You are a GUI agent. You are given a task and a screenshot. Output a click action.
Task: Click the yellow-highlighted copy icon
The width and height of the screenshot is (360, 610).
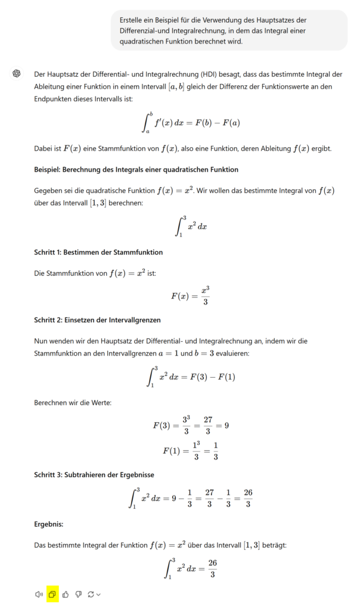coord(52,594)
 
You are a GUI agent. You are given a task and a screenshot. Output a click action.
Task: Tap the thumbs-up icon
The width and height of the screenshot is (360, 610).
coord(66,594)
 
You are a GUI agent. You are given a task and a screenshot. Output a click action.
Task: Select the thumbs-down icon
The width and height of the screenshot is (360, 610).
coord(78,594)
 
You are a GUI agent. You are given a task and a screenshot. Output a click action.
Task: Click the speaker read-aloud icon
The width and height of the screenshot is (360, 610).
coord(39,594)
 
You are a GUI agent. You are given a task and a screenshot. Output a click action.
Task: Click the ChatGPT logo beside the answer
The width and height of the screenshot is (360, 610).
coord(17,74)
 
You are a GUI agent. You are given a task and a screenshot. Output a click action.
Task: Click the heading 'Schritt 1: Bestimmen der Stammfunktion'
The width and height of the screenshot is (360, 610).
coord(98,252)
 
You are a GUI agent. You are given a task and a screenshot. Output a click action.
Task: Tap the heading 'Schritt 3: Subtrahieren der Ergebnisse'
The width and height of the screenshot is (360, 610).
coord(94,475)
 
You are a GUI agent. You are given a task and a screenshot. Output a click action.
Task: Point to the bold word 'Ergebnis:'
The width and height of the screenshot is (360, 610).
coord(49,524)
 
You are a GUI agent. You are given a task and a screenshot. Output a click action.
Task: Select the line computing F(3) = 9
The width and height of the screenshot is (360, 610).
coord(191,425)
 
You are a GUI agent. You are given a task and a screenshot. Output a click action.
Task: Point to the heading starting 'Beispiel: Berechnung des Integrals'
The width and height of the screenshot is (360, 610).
coord(136,169)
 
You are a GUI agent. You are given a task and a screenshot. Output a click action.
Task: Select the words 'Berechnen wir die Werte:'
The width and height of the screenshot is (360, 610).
coord(73,403)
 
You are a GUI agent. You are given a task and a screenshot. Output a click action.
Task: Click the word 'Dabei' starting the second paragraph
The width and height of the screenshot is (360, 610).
coord(44,148)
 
